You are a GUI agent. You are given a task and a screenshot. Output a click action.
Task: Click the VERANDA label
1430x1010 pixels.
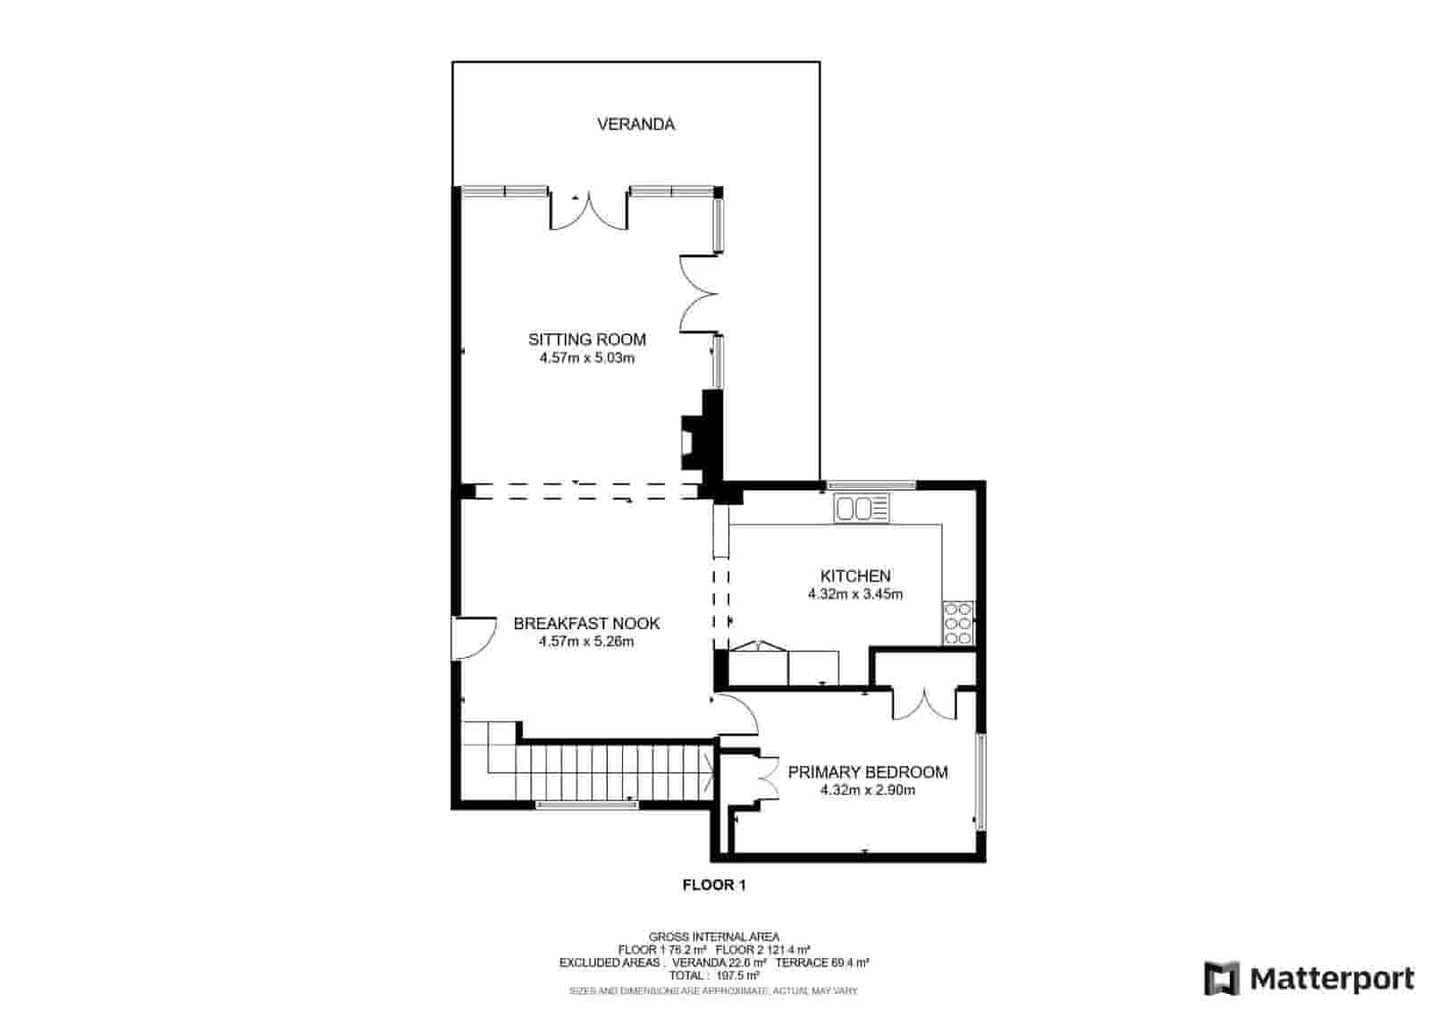[x=635, y=124]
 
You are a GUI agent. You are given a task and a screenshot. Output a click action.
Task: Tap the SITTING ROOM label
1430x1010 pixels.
[x=586, y=340]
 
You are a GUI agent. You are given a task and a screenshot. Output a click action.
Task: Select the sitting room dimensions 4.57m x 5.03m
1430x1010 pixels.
[x=586, y=358]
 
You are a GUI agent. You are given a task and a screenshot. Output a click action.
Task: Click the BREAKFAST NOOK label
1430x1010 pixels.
[x=586, y=624]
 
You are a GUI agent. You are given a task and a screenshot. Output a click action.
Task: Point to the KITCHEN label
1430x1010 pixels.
[x=855, y=577]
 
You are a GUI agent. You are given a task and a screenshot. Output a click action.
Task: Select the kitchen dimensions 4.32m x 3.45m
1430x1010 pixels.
[x=855, y=594]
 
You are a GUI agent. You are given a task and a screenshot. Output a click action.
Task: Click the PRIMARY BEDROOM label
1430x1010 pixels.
[x=867, y=772]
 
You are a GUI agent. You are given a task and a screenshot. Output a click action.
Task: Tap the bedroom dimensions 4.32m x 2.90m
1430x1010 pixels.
[x=867, y=790]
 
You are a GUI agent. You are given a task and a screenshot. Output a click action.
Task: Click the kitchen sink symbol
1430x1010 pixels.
[x=862, y=509]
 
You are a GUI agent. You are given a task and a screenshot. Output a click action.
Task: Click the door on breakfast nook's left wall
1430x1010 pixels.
[x=474, y=637]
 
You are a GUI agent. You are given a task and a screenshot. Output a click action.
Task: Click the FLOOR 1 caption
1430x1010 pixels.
[x=713, y=886]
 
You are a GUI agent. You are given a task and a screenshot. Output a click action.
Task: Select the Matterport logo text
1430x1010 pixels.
[x=1332, y=979]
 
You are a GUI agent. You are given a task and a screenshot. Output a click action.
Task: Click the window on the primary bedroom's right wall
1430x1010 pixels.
[x=980, y=782]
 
